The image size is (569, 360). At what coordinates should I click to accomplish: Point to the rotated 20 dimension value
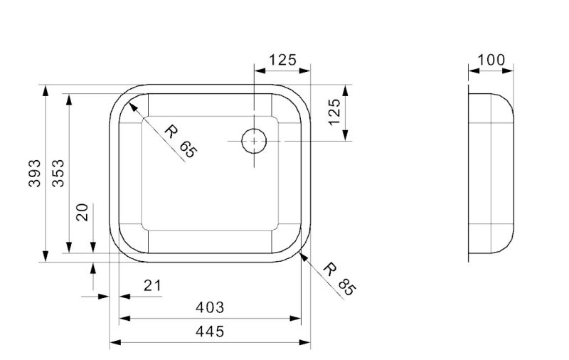83,212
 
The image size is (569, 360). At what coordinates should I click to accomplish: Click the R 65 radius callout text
180,139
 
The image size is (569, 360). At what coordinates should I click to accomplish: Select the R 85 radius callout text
338,278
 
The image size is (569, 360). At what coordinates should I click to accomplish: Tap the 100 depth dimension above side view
491,60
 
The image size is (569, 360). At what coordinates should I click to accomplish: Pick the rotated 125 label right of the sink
334,113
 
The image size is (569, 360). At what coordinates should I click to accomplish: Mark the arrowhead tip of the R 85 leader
301,255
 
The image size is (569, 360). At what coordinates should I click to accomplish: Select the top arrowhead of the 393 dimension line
46,88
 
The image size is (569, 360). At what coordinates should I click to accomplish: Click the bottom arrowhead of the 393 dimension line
46,260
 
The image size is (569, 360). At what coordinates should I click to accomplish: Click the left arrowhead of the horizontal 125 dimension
255,71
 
